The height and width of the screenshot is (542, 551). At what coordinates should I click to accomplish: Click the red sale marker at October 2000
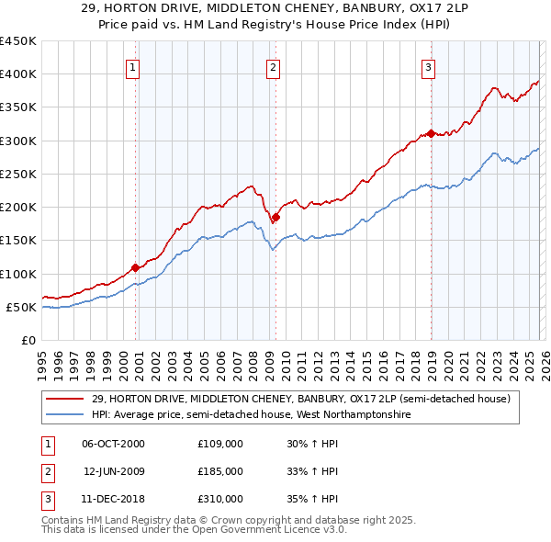point(136,267)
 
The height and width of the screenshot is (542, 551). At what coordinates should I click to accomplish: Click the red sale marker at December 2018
point(431,134)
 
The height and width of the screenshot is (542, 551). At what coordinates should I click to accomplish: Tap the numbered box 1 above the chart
point(133,66)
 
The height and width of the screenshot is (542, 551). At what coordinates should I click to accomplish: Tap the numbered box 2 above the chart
point(274,66)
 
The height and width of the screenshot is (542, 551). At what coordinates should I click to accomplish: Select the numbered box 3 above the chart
point(428,66)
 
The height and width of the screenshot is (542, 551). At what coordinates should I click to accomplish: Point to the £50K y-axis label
point(20,307)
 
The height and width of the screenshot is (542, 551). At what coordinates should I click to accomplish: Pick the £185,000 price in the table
point(220,471)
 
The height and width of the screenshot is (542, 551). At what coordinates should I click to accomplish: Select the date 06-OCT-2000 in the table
point(113,444)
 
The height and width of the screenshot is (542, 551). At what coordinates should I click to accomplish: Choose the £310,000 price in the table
point(220,499)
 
